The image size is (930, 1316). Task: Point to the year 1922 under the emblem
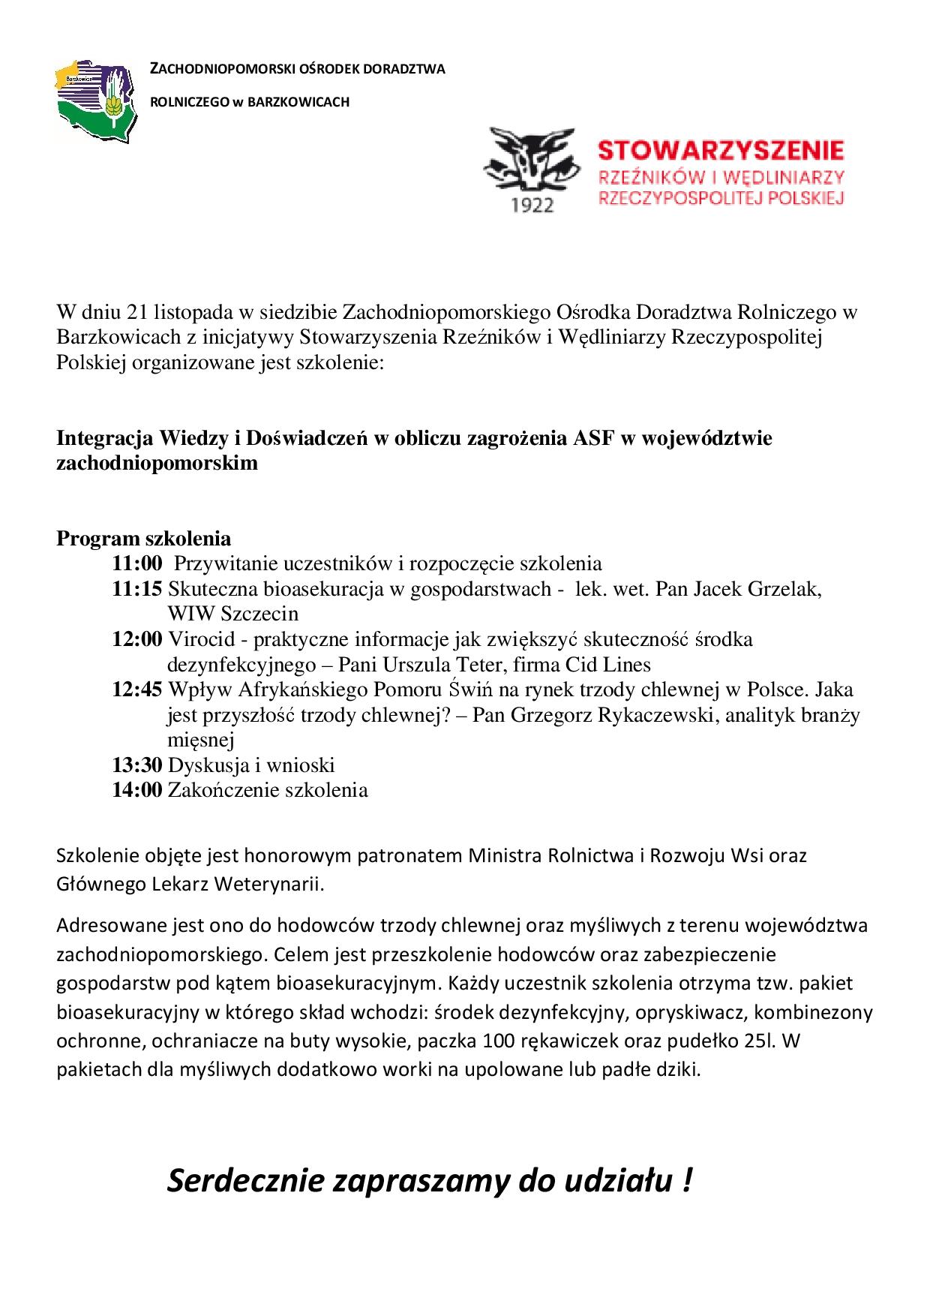[x=532, y=204]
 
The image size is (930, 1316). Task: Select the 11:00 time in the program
[x=137, y=563]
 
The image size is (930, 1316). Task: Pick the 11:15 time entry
[x=137, y=589]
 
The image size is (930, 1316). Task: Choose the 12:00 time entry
[x=137, y=639]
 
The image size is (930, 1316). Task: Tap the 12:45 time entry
[x=137, y=690]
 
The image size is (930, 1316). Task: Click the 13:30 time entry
[x=137, y=765]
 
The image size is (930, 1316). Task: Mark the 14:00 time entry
[x=137, y=790]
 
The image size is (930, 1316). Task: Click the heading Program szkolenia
[x=144, y=539]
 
